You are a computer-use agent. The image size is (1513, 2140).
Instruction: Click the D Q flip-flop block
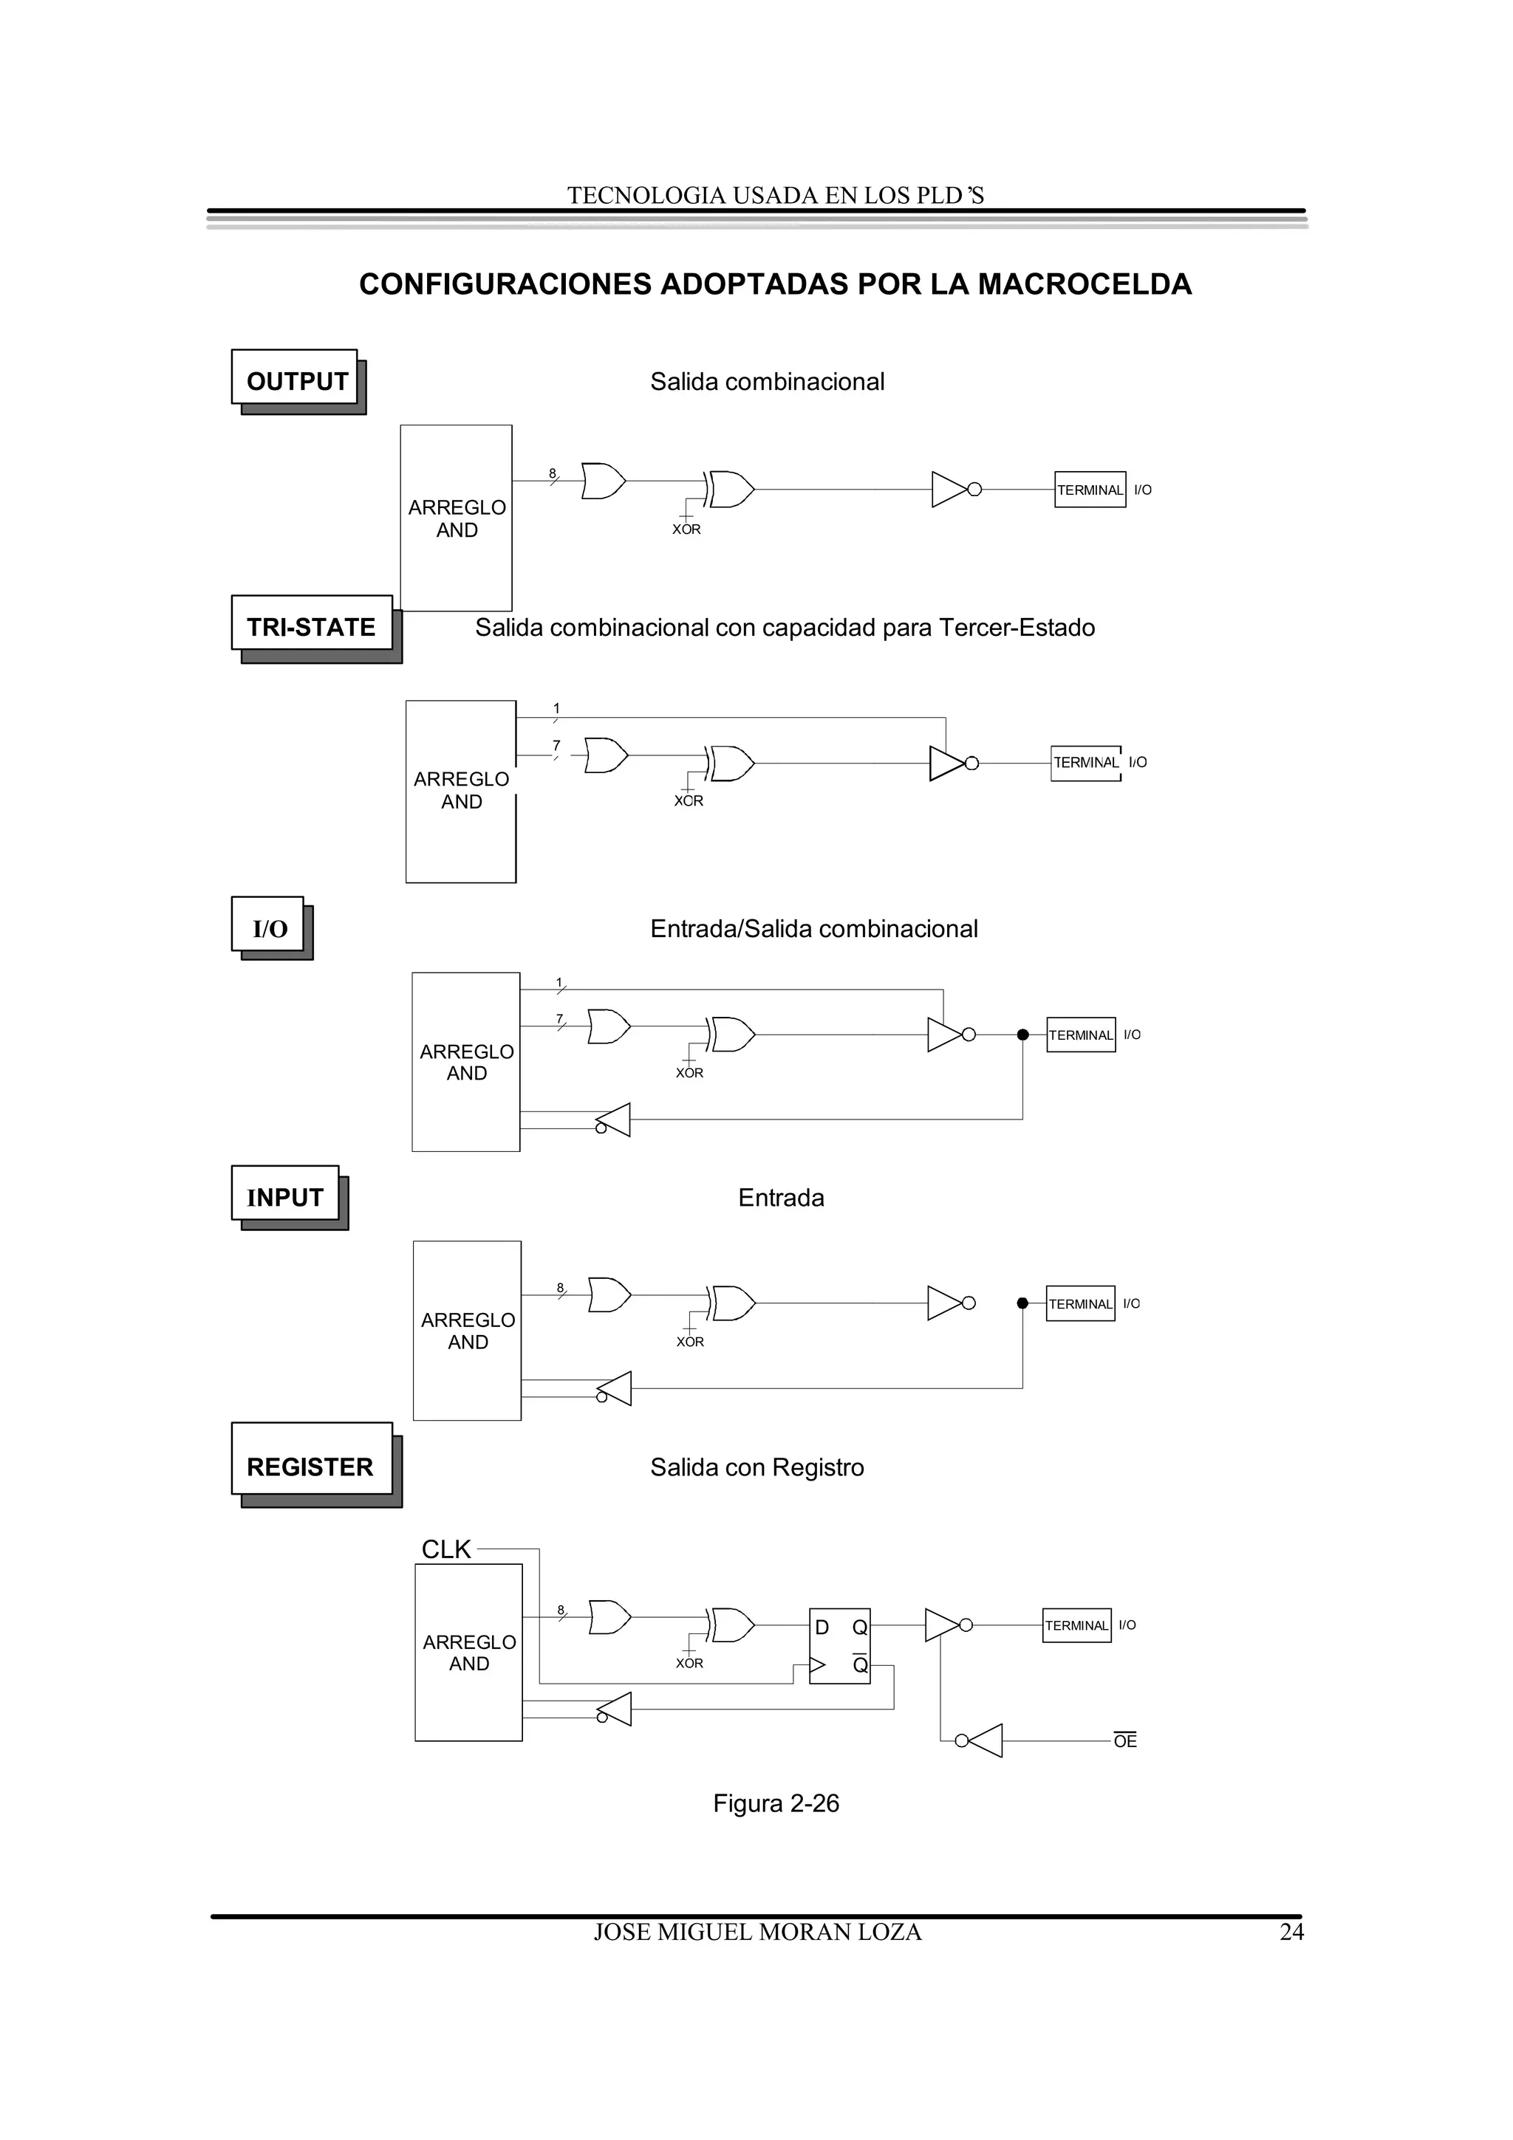(839, 1645)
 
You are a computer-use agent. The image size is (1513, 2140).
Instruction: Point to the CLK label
(445, 1549)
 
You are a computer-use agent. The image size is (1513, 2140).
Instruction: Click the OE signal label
(1125, 1741)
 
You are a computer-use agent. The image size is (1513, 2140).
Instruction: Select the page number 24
(1291, 1932)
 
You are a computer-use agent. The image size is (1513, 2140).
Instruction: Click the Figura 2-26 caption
(776, 1803)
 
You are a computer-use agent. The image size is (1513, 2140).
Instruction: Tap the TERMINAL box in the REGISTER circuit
(1076, 1625)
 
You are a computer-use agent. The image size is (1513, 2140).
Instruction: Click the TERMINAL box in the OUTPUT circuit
(1090, 490)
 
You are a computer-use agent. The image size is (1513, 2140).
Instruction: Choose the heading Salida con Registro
(757, 1467)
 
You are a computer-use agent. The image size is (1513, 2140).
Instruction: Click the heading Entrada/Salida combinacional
(814, 928)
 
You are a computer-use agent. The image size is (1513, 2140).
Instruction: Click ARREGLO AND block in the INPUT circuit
(467, 1330)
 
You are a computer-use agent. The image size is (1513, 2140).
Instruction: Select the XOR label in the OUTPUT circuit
(686, 529)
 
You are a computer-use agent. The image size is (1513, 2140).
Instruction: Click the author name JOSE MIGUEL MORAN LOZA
(757, 1932)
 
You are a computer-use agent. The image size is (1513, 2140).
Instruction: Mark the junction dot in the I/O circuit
(1022, 1035)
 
